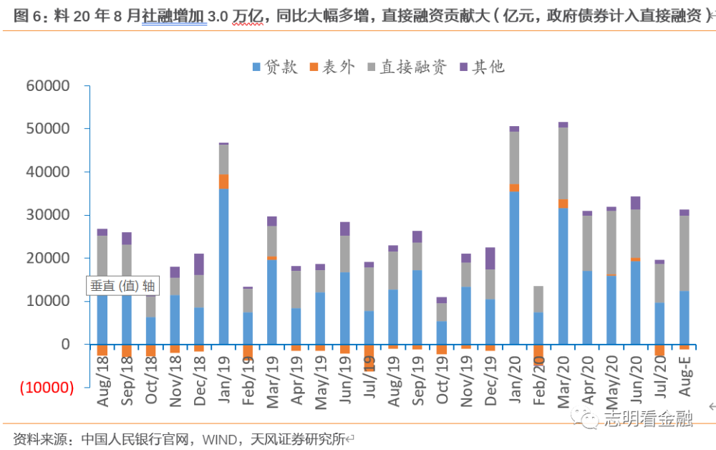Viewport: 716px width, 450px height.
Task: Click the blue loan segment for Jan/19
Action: (x=224, y=266)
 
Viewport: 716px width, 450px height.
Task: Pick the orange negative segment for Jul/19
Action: (x=369, y=357)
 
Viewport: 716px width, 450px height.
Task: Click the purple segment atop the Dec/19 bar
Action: (x=490, y=258)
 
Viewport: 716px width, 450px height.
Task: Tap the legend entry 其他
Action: (x=482, y=67)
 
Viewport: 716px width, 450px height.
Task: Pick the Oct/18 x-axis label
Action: (x=150, y=383)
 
